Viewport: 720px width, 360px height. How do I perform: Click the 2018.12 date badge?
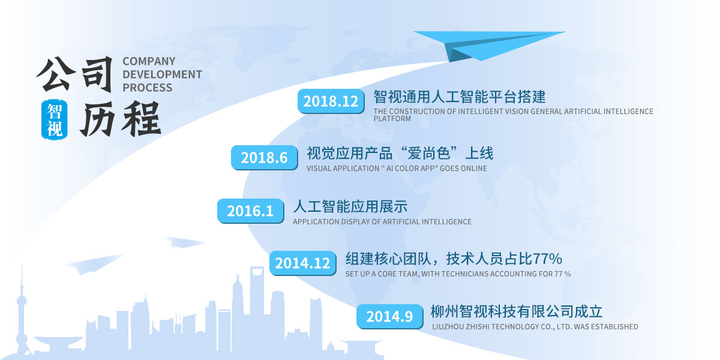(331, 101)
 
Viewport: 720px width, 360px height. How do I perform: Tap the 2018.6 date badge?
(264, 157)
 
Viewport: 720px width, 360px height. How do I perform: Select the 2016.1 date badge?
(250, 211)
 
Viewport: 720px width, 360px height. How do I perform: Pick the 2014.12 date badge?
(303, 263)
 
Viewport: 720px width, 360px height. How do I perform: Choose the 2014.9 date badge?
(389, 317)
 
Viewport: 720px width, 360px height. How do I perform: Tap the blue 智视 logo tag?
(55, 119)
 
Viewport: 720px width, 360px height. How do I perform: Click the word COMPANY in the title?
(149, 61)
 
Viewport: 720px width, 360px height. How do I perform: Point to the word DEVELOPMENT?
(163, 74)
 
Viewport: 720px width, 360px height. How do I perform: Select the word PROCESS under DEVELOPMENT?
(147, 88)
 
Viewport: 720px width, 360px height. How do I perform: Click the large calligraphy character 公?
(53, 74)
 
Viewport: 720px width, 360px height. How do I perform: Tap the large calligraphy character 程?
(141, 118)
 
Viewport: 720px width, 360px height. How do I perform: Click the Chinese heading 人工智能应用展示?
(350, 206)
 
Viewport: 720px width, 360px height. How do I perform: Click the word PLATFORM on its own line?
(392, 119)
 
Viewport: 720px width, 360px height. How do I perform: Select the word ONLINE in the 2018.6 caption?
(474, 169)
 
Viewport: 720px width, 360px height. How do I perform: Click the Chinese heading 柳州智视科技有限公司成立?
(517, 311)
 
